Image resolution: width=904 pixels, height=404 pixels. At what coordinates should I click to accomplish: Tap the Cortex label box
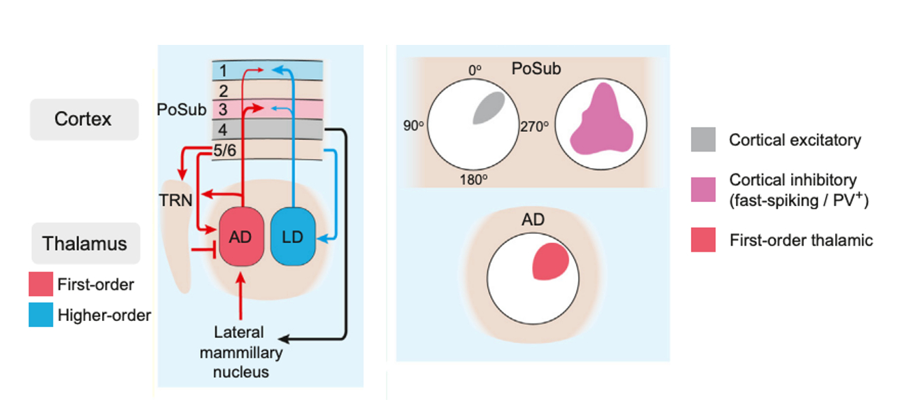84,119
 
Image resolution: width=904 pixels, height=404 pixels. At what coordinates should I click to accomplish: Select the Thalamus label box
85,243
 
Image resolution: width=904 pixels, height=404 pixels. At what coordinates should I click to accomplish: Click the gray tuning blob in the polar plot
489,107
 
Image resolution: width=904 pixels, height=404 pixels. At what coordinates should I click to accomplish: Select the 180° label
473,180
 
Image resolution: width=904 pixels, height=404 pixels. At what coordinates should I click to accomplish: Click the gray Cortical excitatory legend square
703,139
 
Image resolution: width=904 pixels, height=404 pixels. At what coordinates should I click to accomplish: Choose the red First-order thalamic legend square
703,239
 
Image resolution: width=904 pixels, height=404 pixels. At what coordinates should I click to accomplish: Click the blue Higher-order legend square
41,315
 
